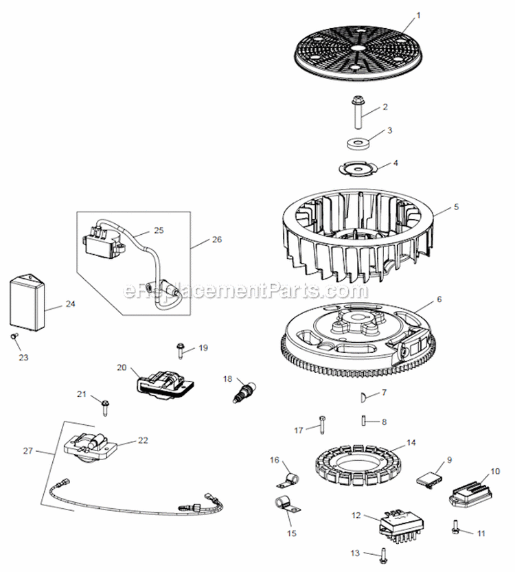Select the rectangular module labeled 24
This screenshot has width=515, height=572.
(29, 303)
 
